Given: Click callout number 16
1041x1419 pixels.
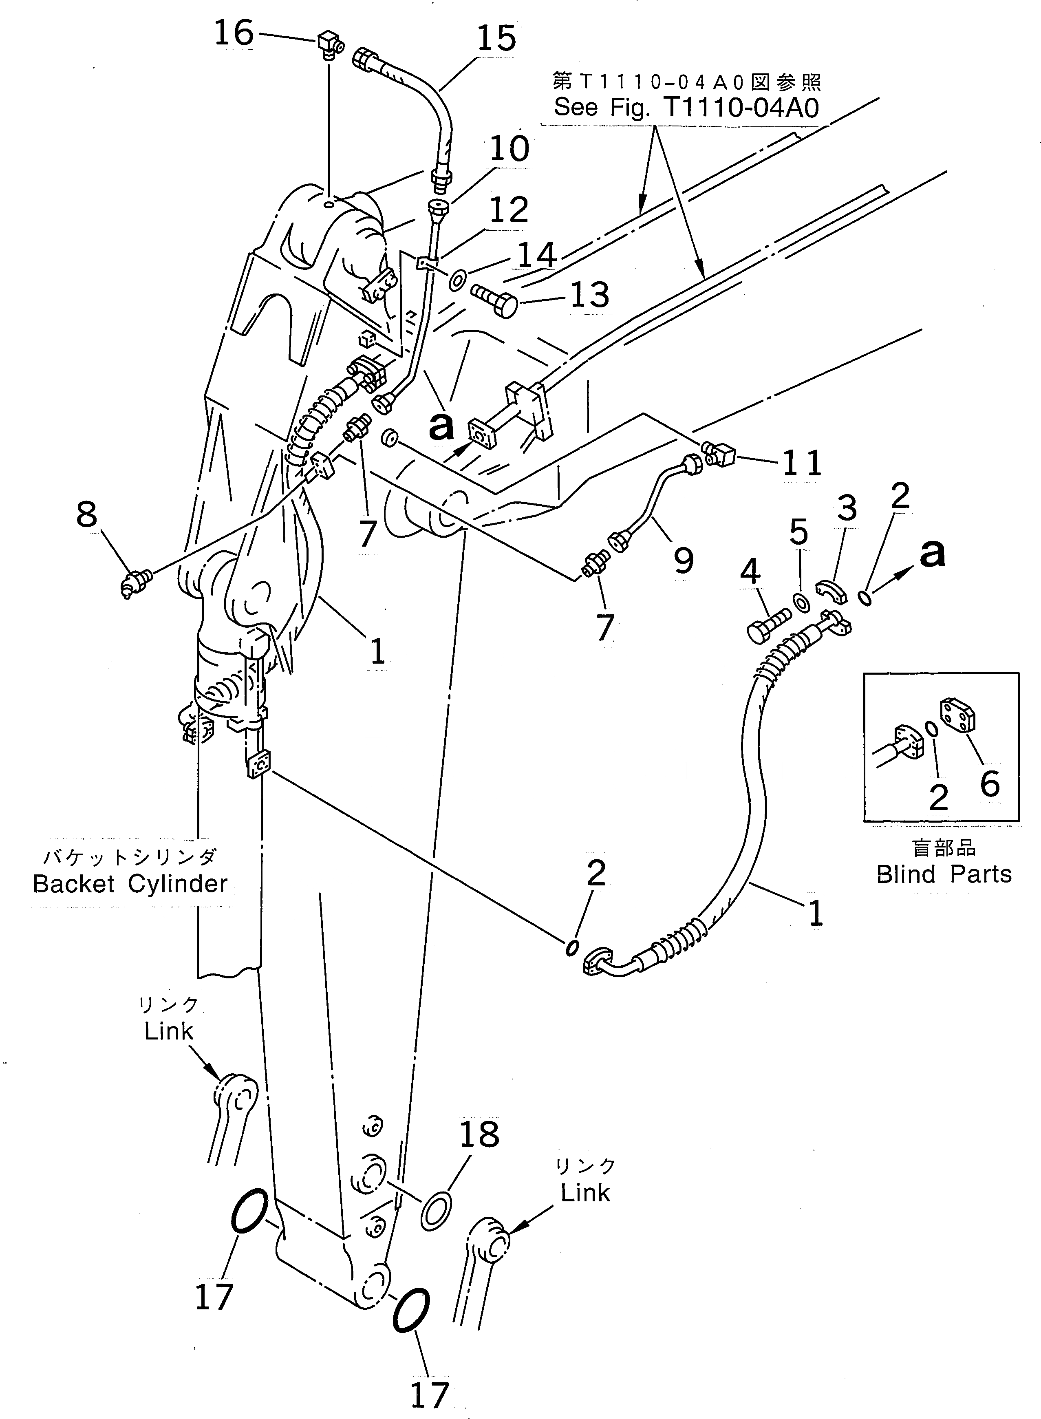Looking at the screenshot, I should pos(234,33).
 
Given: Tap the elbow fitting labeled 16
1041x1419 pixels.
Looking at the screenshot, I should pos(329,45).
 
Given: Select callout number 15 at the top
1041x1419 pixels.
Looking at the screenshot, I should pos(496,39).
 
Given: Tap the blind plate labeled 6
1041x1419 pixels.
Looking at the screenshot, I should pos(957,715).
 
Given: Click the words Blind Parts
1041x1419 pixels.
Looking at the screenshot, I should pos(943,874).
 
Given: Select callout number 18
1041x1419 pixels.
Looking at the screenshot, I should pos(479,1135).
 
